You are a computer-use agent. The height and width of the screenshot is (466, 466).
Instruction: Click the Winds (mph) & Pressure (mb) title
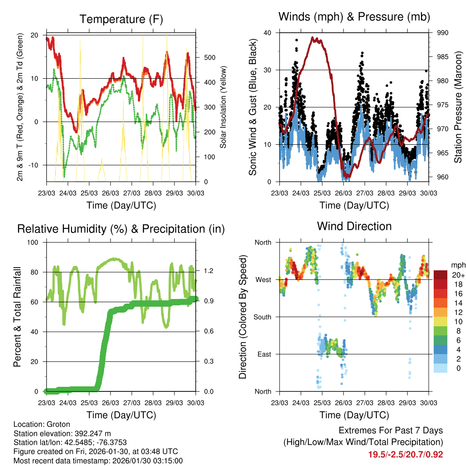coord(354,17)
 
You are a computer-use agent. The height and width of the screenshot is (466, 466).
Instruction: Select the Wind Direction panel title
coord(354,226)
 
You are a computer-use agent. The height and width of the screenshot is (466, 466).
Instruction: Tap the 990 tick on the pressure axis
coord(443,33)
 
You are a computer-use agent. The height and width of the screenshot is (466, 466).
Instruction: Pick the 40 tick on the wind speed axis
coord(267,33)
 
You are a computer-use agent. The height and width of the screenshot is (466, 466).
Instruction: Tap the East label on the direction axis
coord(263,354)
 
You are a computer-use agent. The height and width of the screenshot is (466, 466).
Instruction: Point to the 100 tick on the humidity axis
coord(32,242)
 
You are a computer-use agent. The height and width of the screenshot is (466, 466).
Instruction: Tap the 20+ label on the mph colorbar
coord(458,275)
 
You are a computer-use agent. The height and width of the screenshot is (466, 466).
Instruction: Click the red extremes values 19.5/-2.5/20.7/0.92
coord(405,454)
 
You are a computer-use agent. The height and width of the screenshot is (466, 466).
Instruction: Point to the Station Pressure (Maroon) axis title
coord(458,107)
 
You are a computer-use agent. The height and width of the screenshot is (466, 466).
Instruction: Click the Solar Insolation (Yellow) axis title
coord(223,107)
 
